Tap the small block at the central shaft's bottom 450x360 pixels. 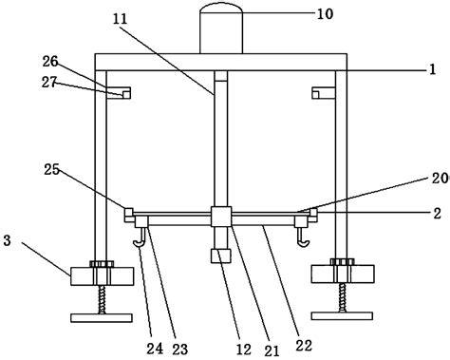tap(221, 256)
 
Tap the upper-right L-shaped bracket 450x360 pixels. tap(322, 91)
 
